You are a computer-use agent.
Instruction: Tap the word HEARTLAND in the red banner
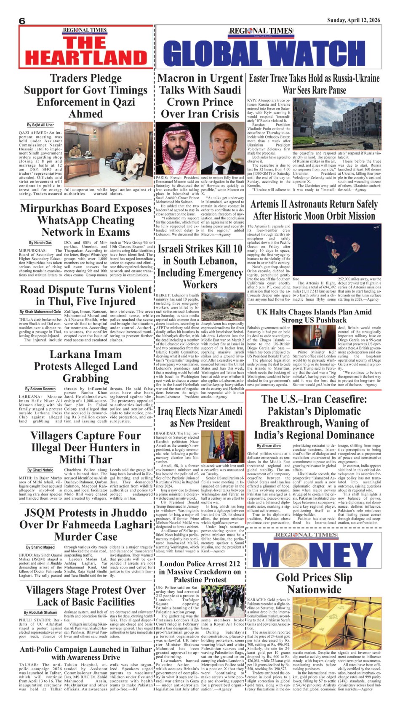point(86,57)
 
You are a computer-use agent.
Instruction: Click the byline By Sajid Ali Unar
point(40,125)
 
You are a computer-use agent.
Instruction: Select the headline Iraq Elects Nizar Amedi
point(200,417)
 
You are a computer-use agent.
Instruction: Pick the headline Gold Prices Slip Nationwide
point(314,583)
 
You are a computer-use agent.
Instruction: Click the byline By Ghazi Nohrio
point(40,470)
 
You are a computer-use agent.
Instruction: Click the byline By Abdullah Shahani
point(40,612)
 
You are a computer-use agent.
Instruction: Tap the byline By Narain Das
point(40,243)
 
